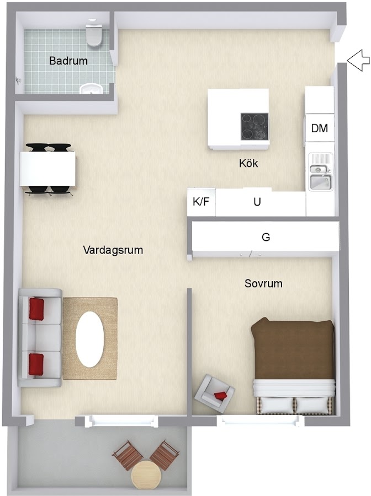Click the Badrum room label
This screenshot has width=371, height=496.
click(x=68, y=61)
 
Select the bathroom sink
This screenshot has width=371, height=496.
click(x=92, y=89)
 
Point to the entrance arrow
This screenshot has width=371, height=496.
click(x=358, y=60)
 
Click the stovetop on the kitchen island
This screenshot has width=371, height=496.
click(x=254, y=127)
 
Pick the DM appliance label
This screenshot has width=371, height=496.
click(x=319, y=128)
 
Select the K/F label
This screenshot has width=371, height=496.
click(x=201, y=202)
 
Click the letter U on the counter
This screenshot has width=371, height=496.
click(x=257, y=202)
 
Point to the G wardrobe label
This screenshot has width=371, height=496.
click(x=266, y=236)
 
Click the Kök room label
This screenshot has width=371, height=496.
click(x=248, y=163)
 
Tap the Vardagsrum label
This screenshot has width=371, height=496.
click(x=113, y=250)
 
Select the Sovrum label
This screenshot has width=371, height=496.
click(x=263, y=283)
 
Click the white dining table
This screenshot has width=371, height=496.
click(x=47, y=169)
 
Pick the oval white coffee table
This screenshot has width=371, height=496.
click(x=91, y=339)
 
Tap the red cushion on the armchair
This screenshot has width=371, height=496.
click(x=221, y=395)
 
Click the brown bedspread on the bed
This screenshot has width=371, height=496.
click(x=293, y=349)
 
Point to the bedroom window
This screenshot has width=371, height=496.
click(x=261, y=420)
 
